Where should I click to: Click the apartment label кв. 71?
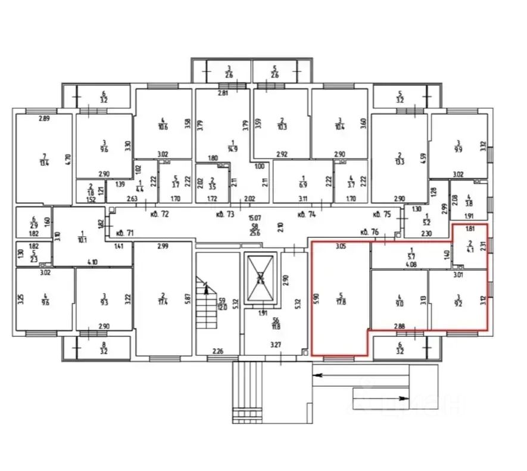[x=123, y=233]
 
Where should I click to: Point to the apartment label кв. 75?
[x=382, y=214]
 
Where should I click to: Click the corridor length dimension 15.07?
[x=255, y=218]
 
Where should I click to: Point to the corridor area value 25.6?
[x=255, y=233]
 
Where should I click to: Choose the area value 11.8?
[x=260, y=325]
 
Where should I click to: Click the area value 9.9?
[x=458, y=148]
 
